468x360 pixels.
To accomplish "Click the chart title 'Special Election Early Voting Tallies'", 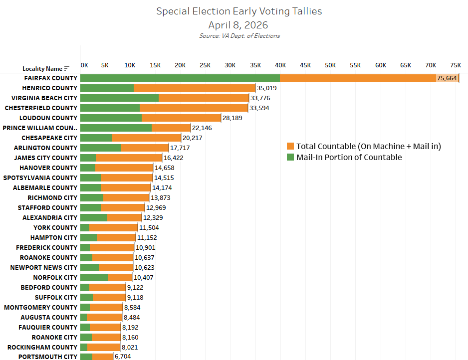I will [239, 11].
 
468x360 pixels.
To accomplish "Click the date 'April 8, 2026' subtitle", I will [239, 24].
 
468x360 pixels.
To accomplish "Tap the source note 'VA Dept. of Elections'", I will [239, 36].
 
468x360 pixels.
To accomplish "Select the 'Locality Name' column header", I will [42, 69].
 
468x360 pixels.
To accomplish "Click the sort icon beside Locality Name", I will [67, 68].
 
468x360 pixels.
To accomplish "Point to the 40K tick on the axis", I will [280, 65].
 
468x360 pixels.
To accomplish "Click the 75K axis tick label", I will [456, 65].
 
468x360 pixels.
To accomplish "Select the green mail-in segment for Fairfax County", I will [180, 78].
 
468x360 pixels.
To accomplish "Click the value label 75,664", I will [447, 78].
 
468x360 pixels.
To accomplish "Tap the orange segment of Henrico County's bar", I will [195, 88].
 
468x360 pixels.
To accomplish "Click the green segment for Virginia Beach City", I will [119, 98].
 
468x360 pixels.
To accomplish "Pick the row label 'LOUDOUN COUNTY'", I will [48, 118].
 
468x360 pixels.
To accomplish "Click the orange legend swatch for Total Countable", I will [290, 146].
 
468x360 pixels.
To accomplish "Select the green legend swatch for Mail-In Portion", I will [290, 157].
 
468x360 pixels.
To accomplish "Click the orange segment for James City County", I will [129, 158].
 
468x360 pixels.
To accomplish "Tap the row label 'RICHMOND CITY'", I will [52, 197].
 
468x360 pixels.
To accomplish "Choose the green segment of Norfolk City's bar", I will [94, 277].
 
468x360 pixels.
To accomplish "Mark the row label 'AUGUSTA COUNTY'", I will [49, 317].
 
